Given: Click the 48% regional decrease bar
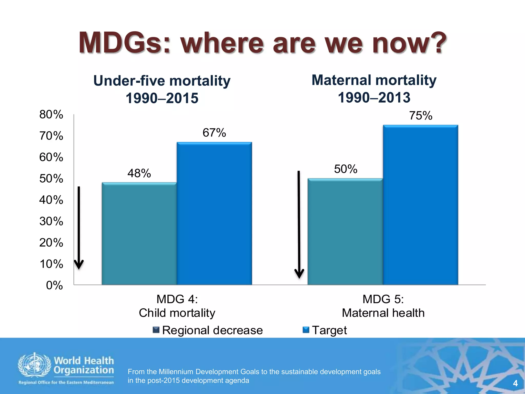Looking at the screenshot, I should (139, 233).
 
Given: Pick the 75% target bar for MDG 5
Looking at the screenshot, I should (420, 205).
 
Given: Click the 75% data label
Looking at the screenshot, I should (420, 116).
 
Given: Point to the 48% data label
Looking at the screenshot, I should (139, 173).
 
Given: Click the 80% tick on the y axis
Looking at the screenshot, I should (51, 114).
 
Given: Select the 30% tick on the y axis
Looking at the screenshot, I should (51, 221).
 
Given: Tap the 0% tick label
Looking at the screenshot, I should (54, 285).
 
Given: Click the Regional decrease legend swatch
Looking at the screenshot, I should (156, 330).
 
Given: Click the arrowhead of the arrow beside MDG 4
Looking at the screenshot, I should (79, 264).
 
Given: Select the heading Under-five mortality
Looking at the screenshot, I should (162, 81).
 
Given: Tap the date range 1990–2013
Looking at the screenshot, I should (374, 98).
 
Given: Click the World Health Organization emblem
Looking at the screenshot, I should (34, 366).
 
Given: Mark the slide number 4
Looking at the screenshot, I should (515, 383).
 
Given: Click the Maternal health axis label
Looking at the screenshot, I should (383, 313).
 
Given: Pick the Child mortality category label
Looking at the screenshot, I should (177, 313).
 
